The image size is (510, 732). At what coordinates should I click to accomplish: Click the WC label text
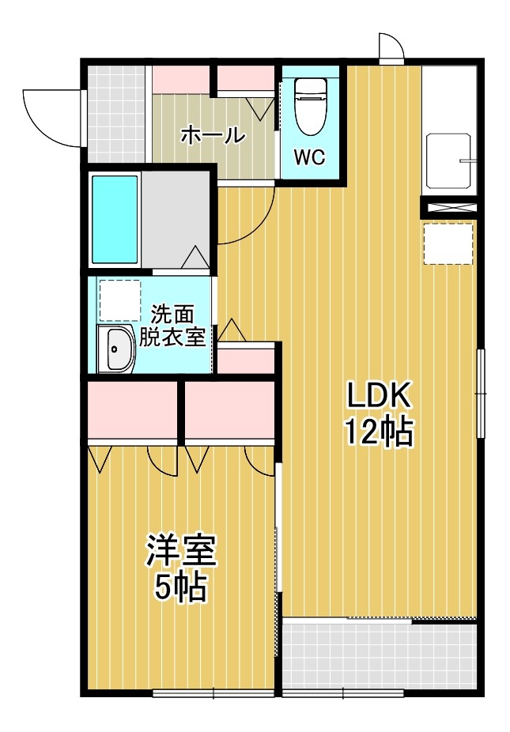point(310,157)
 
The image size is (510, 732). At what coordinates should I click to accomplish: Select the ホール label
point(213,135)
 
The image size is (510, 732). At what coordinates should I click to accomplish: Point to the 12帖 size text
point(378,432)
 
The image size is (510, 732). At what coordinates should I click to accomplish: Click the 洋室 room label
point(180,551)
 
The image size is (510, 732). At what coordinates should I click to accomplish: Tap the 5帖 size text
point(180,587)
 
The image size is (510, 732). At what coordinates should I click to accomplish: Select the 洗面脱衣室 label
point(172,326)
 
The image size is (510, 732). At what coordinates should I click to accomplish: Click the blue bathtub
point(115,219)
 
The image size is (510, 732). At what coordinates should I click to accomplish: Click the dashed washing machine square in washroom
point(116,300)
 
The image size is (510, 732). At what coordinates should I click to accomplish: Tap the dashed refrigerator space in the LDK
point(448,243)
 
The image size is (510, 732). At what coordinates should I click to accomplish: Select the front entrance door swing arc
point(51,119)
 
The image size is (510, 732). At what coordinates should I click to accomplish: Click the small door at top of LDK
point(391,49)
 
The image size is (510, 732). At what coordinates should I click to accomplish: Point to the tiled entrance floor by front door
point(117,115)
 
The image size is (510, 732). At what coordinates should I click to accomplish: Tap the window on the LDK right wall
point(479,391)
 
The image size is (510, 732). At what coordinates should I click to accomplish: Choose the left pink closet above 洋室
point(132,409)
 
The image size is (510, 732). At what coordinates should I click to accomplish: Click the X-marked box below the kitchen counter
point(449,209)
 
